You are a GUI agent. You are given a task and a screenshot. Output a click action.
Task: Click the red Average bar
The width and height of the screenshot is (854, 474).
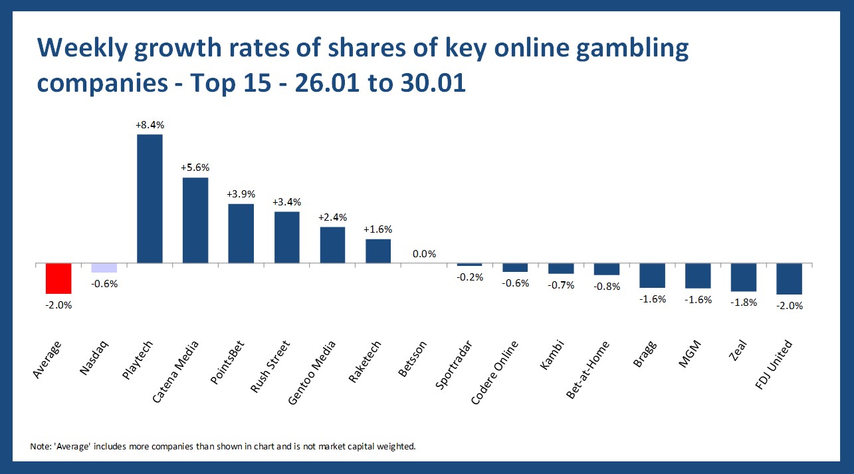58,278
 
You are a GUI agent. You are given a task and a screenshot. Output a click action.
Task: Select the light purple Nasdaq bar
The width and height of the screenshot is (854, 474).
104,268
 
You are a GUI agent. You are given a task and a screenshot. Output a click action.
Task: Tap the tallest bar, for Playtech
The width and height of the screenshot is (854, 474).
150,199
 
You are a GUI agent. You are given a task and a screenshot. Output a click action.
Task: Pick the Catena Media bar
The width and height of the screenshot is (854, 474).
195,220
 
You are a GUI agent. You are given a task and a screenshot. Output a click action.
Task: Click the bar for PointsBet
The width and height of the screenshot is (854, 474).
241,233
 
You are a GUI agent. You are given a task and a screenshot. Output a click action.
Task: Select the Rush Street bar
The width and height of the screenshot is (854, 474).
287,237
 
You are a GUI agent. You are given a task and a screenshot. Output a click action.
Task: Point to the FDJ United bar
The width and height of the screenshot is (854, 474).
790,279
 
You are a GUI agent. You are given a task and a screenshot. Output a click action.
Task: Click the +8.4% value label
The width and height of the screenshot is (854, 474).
150,124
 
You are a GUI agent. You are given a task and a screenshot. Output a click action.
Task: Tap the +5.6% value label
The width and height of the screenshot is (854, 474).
195,168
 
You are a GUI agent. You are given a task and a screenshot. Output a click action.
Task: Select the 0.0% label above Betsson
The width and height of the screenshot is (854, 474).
424,253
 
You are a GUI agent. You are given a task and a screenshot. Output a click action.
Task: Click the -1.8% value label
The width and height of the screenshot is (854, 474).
744,302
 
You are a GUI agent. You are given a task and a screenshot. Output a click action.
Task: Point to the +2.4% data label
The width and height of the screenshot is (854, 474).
332,217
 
